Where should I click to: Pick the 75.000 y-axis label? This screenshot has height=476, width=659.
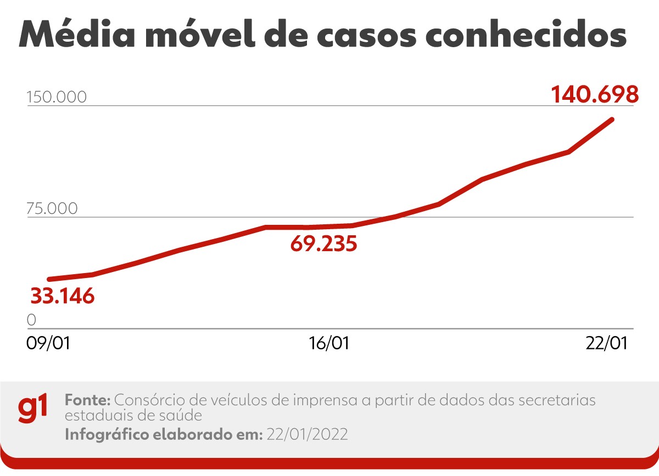pyautogui.click(x=52, y=209)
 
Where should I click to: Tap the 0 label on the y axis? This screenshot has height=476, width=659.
pyautogui.click(x=31, y=320)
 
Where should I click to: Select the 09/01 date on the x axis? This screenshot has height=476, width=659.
pyautogui.click(x=48, y=344)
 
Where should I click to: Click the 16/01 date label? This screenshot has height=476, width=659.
pyautogui.click(x=329, y=344)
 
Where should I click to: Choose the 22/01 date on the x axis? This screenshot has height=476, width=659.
pyautogui.click(x=607, y=344)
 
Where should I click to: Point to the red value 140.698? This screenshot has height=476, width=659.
pyautogui.click(x=595, y=94)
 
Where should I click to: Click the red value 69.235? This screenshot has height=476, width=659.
pyautogui.click(x=323, y=243)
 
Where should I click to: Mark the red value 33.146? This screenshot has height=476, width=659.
pyautogui.click(x=63, y=296)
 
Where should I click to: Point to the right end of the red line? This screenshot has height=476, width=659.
pyautogui.click(x=612, y=119)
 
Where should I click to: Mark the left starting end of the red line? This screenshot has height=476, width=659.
pyautogui.click(x=49, y=280)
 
